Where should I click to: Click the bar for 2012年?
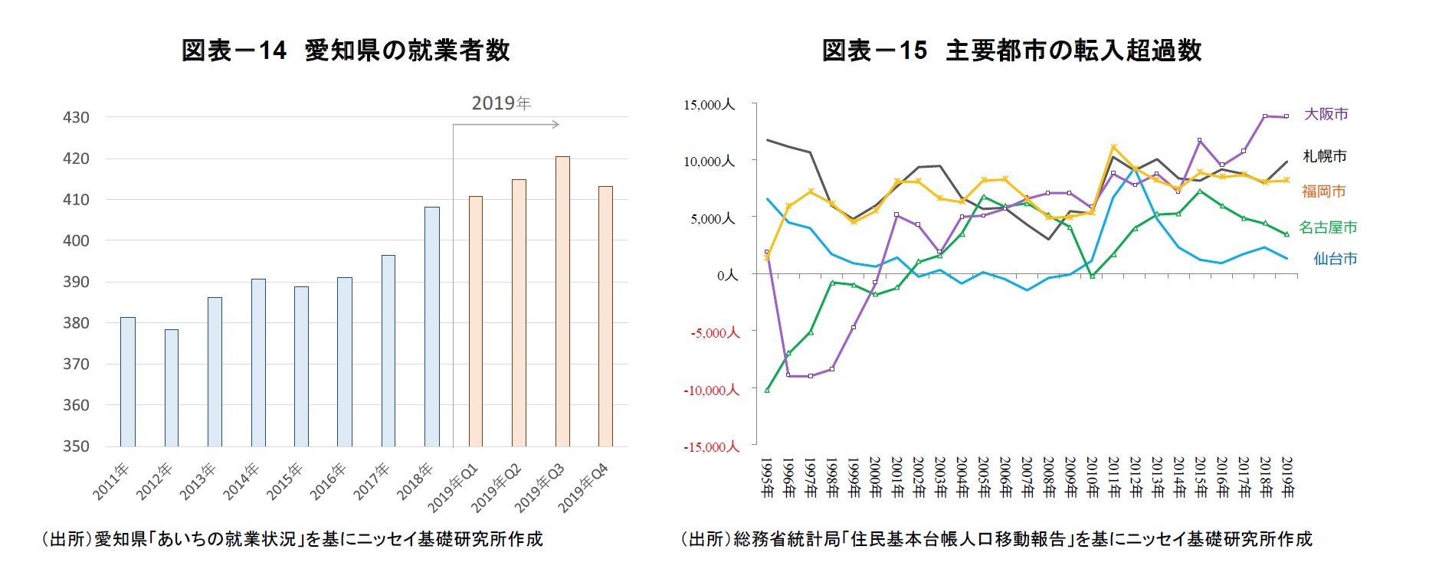tap(172, 388)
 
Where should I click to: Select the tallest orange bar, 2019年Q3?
tap(562, 302)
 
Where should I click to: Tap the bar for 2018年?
tap(432, 327)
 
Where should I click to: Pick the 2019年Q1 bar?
tap(476, 322)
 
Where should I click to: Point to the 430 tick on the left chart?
tap(76, 118)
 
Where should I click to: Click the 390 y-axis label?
tap(76, 282)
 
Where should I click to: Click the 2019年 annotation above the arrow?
tap(501, 103)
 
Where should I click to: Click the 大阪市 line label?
tap(1326, 114)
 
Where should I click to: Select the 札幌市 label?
tap(1324, 156)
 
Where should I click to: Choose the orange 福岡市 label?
tap(1323, 191)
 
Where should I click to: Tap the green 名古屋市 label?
tap(1328, 227)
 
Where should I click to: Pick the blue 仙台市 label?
tap(1335, 259)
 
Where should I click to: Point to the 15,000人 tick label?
tap(709, 105)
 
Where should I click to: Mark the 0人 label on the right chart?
tap(727, 275)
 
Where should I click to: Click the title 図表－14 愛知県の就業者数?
tap(346, 51)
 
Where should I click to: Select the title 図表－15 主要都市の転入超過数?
tap(1011, 51)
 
